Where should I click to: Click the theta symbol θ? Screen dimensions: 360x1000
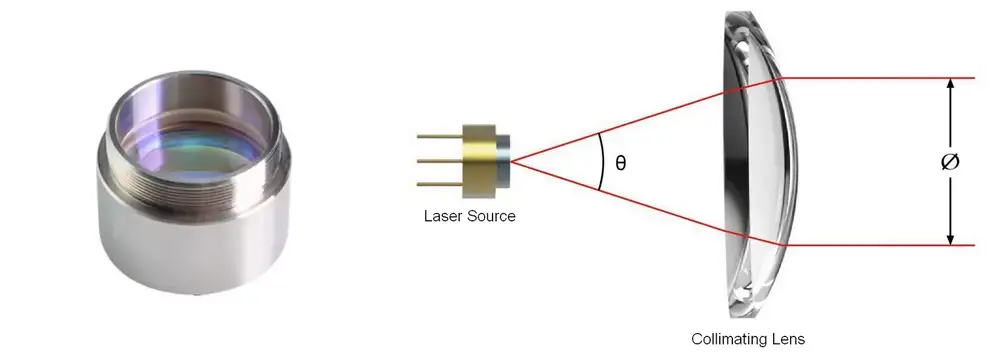pos(621,162)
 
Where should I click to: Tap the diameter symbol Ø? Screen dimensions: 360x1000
pos(950,161)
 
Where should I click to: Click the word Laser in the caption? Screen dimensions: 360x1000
pos(441,215)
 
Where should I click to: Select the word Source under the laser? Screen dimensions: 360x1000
pos(490,215)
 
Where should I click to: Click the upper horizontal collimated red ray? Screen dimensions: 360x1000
pos(880,78)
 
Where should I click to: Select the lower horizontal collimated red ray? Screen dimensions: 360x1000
pos(880,244)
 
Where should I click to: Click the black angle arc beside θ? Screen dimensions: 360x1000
pos(601,161)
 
